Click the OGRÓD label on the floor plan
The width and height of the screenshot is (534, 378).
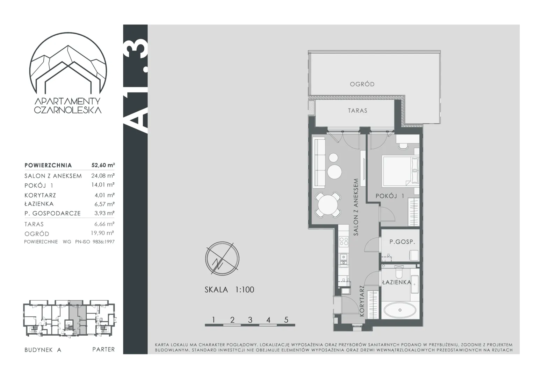coord(362,84)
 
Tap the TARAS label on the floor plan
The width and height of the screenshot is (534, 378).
coord(358,111)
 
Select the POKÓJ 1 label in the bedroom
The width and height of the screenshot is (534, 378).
coord(390,196)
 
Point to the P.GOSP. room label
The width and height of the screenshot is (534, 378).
coord(402,241)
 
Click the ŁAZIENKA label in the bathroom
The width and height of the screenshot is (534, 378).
coord(397,282)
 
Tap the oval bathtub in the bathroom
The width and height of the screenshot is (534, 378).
coord(400,310)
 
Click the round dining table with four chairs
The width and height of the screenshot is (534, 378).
coord(328,205)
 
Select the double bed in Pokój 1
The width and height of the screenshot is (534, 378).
coord(400,171)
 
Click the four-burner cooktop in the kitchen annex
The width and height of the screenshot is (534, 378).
coord(344,241)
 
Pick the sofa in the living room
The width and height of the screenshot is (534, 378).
coord(318,163)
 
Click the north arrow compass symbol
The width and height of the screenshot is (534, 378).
coord(222,259)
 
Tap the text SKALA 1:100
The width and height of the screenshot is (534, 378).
coord(229,290)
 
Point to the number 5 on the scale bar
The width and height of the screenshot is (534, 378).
coord(286,320)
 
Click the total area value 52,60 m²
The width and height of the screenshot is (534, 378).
coord(103,165)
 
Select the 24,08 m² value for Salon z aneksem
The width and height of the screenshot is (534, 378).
coord(103,176)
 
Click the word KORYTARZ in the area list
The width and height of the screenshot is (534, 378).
coord(40,195)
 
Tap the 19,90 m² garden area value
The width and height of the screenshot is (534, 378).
coord(102,233)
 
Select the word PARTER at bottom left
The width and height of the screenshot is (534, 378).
coord(103,349)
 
